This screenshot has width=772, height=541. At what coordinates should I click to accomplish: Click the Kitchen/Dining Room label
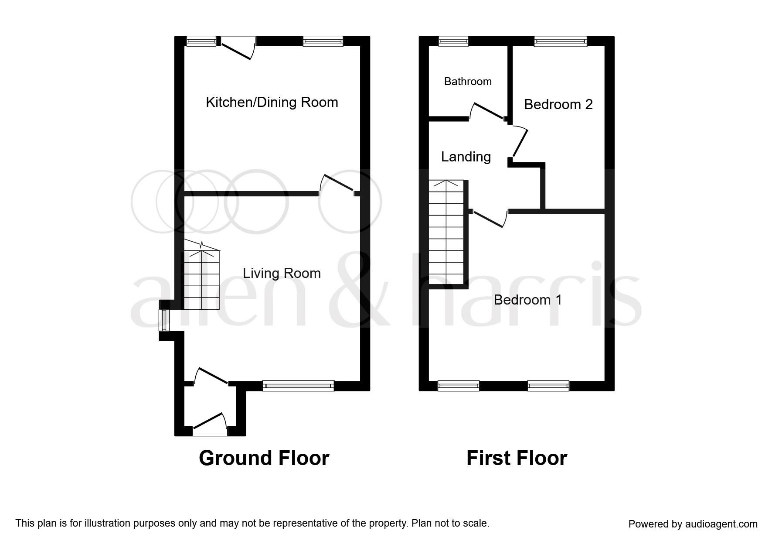272,103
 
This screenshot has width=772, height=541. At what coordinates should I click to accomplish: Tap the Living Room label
282,274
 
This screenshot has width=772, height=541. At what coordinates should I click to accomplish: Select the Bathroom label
468,82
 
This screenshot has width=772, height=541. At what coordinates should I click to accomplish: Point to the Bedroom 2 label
558,105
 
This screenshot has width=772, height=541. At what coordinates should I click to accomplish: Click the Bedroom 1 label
527,300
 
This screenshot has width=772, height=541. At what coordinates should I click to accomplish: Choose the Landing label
466,157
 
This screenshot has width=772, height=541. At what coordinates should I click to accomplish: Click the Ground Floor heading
264,459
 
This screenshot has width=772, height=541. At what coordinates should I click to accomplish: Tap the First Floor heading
517,459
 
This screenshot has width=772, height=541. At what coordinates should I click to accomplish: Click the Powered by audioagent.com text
693,524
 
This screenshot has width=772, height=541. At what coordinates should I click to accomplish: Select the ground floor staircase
201,279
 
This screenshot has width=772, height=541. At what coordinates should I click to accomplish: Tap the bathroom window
453,41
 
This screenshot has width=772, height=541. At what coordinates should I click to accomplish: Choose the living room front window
298,385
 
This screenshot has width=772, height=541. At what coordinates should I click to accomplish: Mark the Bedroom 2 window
560,41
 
